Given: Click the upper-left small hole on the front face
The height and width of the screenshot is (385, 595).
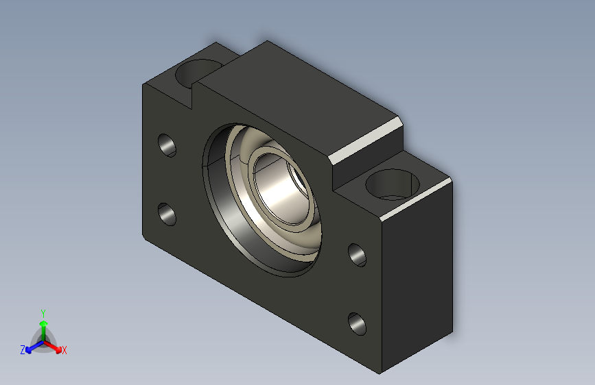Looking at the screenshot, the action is pyautogui.click(x=167, y=145).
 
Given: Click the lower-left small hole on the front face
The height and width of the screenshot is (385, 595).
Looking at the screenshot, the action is pyautogui.click(x=167, y=214).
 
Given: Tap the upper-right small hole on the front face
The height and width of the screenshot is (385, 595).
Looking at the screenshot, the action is pyautogui.click(x=357, y=255).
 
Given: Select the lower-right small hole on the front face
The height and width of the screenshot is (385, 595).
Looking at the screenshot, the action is pyautogui.click(x=357, y=324).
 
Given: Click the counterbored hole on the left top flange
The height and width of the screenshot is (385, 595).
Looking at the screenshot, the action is pyautogui.click(x=198, y=72).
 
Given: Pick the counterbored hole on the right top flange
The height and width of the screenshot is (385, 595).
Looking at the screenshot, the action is pyautogui.click(x=392, y=184).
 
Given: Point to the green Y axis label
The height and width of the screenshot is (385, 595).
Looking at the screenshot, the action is pyautogui.click(x=43, y=314).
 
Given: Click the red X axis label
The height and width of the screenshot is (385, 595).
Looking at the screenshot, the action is pyautogui.click(x=64, y=351).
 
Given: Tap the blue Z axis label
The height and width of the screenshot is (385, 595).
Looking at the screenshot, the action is pyautogui.click(x=23, y=350).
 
